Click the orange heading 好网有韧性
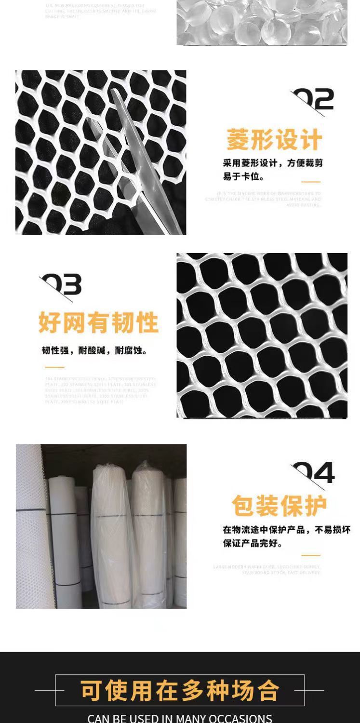[x=98, y=322]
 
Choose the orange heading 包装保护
[x=279, y=506]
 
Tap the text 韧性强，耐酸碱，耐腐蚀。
[x=95, y=350]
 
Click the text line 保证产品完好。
[x=253, y=543]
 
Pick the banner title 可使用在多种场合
[x=180, y=691]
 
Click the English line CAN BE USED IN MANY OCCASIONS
[x=180, y=718]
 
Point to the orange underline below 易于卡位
[x=311, y=182]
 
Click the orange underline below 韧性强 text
[x=54, y=367]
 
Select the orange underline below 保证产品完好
[x=311, y=555]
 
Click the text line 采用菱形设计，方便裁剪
[x=273, y=163]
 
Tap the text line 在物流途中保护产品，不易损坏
[x=286, y=530]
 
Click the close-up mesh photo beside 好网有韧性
[x=262, y=335]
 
